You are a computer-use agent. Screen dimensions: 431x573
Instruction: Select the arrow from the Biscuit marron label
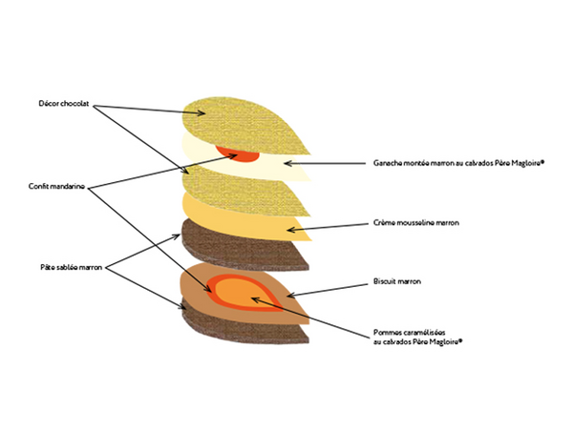[325, 288]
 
